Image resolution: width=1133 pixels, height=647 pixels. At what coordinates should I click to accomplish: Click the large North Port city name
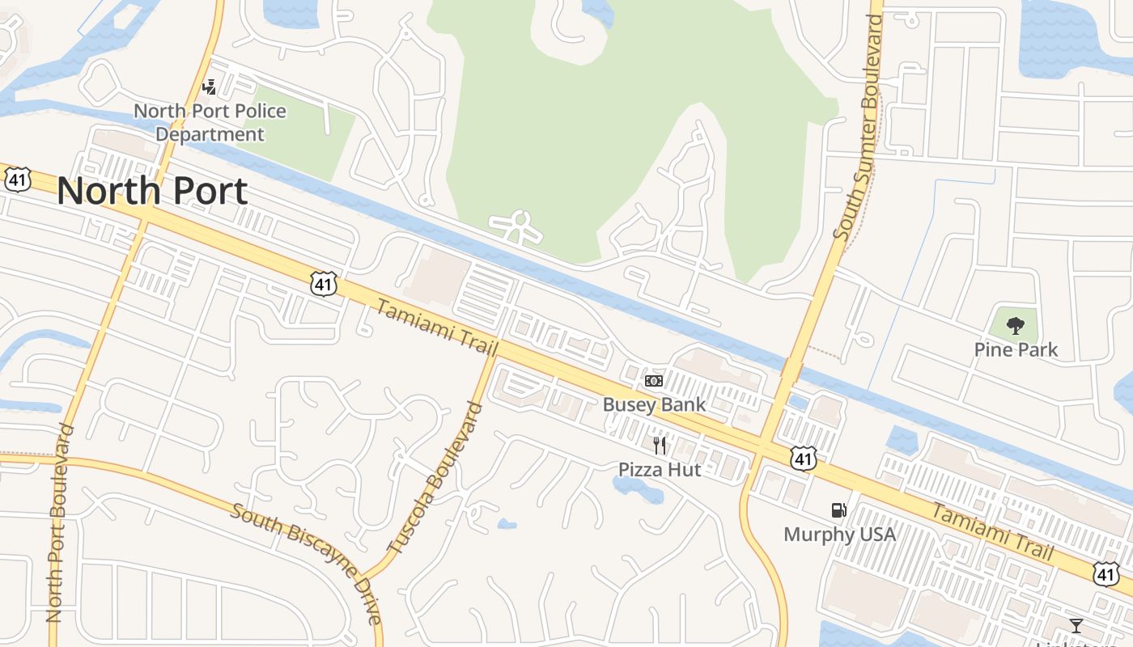click(x=152, y=192)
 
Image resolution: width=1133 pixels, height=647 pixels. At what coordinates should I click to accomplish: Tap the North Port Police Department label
click(x=210, y=122)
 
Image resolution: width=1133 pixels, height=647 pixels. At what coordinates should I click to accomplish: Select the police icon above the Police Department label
click(x=210, y=87)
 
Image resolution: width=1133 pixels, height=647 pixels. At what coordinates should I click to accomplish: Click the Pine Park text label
click(x=1016, y=349)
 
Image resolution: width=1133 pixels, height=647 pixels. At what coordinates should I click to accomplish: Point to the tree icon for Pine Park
click(x=1015, y=327)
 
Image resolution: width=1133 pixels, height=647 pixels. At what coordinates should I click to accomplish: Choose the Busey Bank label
click(x=654, y=404)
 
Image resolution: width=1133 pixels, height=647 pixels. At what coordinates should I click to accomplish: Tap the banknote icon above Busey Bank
click(x=654, y=381)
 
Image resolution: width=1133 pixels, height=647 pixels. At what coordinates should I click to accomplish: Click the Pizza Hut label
click(x=660, y=469)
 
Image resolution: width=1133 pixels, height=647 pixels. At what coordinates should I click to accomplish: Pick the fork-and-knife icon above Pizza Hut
click(x=660, y=446)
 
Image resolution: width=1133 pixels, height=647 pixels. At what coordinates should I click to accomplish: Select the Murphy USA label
click(x=839, y=534)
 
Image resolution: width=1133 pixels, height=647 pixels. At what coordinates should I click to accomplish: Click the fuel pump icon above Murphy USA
click(x=839, y=510)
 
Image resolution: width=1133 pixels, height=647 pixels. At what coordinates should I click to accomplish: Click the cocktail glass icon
click(x=1076, y=625)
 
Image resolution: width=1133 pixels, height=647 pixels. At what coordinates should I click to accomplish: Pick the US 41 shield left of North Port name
click(x=17, y=180)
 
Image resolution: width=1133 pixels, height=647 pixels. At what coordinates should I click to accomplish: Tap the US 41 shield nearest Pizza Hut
click(x=804, y=459)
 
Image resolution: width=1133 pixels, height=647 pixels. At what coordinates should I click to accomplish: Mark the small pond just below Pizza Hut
click(x=628, y=485)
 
